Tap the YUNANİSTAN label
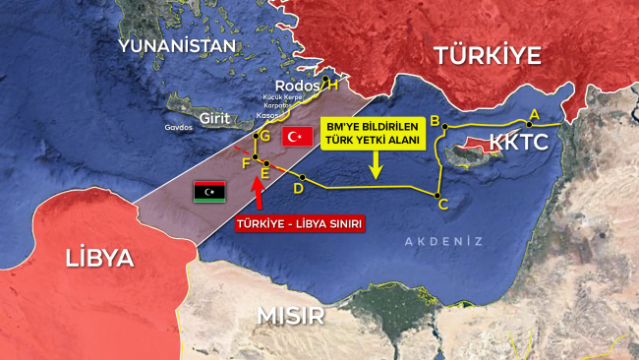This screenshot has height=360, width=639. pyautogui.click(x=177, y=46)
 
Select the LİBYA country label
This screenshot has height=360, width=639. pyautogui.click(x=98, y=259)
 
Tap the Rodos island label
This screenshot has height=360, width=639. pyautogui.click(x=299, y=86)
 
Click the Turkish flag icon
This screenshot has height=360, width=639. pyautogui.click(x=297, y=137)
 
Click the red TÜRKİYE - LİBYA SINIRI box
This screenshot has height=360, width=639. pyautogui.click(x=299, y=223)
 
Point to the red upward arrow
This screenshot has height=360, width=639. pyautogui.click(x=260, y=197)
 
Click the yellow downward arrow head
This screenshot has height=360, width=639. pyautogui.click(x=375, y=176)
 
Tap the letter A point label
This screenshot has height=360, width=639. pyautogui.click(x=534, y=115)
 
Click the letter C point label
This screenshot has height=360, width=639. pyautogui.click(x=442, y=205)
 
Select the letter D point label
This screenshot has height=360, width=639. pyautogui.click(x=297, y=189)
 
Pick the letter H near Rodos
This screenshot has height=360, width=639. pyautogui.click(x=332, y=86)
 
